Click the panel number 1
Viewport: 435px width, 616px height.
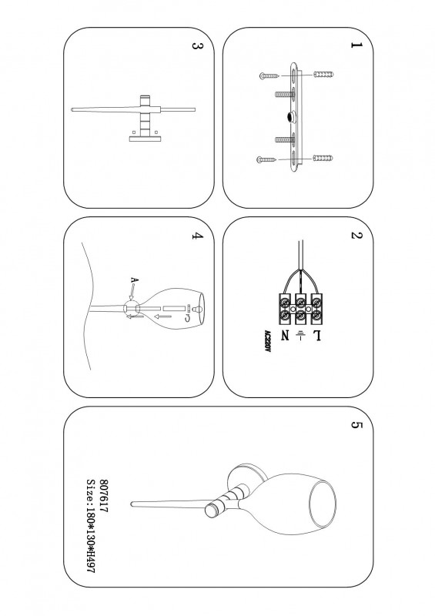356,45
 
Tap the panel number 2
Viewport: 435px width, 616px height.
356,236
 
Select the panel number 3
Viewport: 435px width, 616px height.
197,45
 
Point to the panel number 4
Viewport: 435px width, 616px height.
197,236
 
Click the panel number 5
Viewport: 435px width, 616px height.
356,426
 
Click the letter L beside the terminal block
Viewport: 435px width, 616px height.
316,336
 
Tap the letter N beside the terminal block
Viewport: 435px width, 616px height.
285,336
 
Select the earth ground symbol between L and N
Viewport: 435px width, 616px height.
300,336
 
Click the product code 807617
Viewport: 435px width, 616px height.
104,495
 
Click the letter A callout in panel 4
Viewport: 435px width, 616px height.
135,280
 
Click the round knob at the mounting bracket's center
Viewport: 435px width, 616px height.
292,117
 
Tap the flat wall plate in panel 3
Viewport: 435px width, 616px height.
145,139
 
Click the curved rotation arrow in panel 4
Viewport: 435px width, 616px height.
187,316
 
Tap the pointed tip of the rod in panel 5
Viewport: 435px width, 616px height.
131,504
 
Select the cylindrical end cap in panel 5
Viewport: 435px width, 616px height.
213,510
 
